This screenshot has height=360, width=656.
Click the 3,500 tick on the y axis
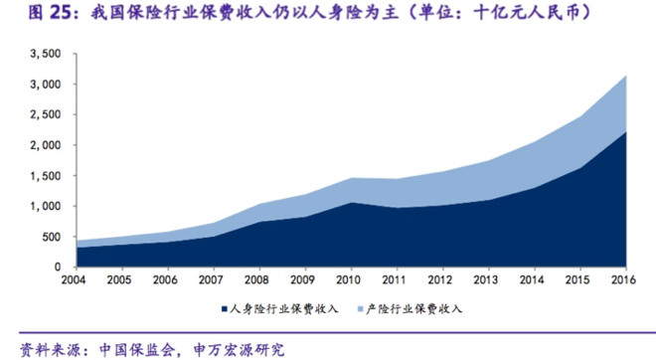click(x=46, y=54)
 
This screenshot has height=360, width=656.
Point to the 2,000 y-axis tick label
click(x=46, y=145)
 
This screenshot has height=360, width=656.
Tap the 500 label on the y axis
click(x=52, y=237)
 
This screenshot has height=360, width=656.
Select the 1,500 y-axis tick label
click(x=46, y=176)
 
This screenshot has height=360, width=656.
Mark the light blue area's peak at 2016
click(x=624, y=76)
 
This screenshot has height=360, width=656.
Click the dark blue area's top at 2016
click(x=624, y=131)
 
